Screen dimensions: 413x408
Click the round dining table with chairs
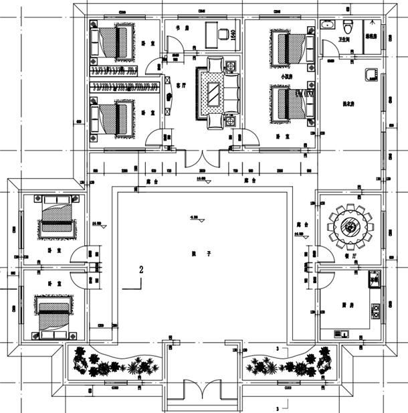tap(350, 226)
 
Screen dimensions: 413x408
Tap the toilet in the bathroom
tap(346, 27)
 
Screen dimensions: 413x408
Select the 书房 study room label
tap(179, 28)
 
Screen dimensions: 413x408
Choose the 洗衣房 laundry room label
tap(347, 103)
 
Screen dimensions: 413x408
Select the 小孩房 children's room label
tap(286, 78)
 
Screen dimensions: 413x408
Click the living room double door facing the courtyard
tap(201, 157)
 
